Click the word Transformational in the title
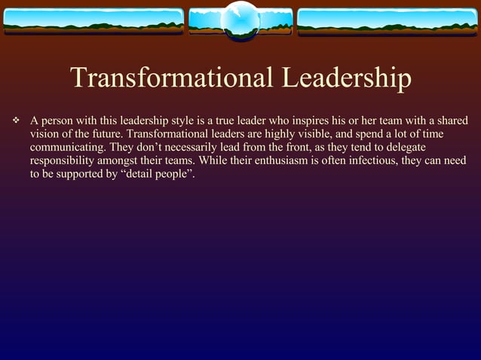(170, 78)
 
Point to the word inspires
(308, 121)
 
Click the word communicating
(67, 148)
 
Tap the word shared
(451, 121)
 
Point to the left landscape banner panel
(93, 22)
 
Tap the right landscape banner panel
(388, 22)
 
